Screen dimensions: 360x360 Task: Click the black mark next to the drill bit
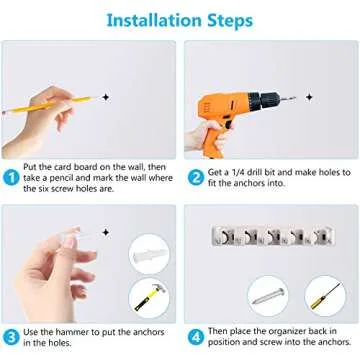[309, 97]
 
